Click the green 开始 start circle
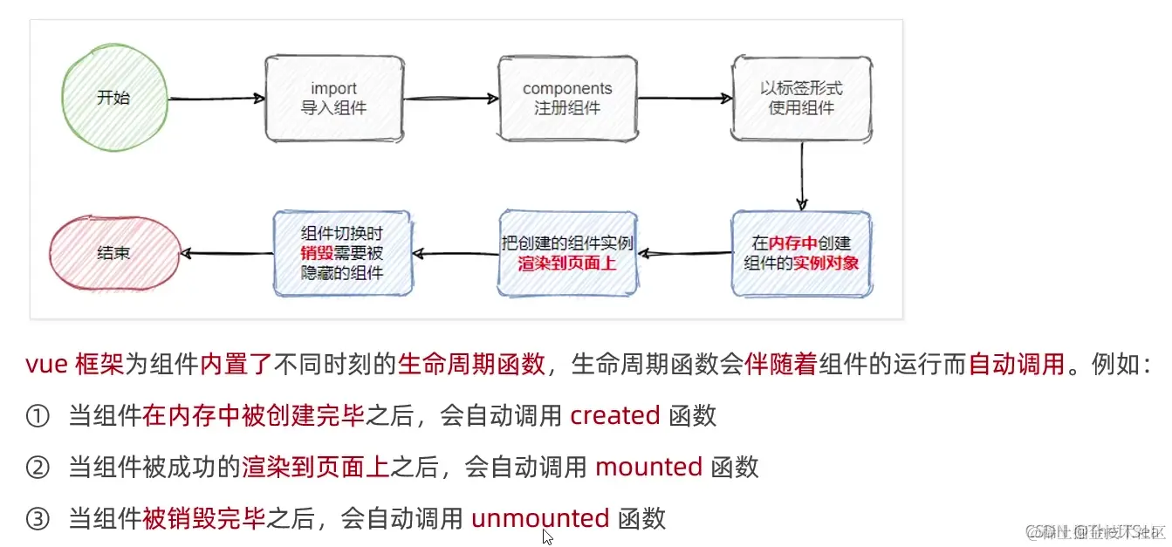pos(113,98)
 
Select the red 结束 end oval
pos(113,253)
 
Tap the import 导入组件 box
pos(334,99)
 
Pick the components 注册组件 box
pos(567,99)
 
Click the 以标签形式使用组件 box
pos(801,99)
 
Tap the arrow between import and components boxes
pos(450,99)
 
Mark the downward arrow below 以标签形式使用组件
pos(801,174)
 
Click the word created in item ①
pos(614,415)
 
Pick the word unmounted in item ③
pos(540,518)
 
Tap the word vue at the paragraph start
pos(46,365)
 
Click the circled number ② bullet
pos(38,468)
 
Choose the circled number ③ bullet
pos(38,519)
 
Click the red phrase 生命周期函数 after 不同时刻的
pos(472,365)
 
